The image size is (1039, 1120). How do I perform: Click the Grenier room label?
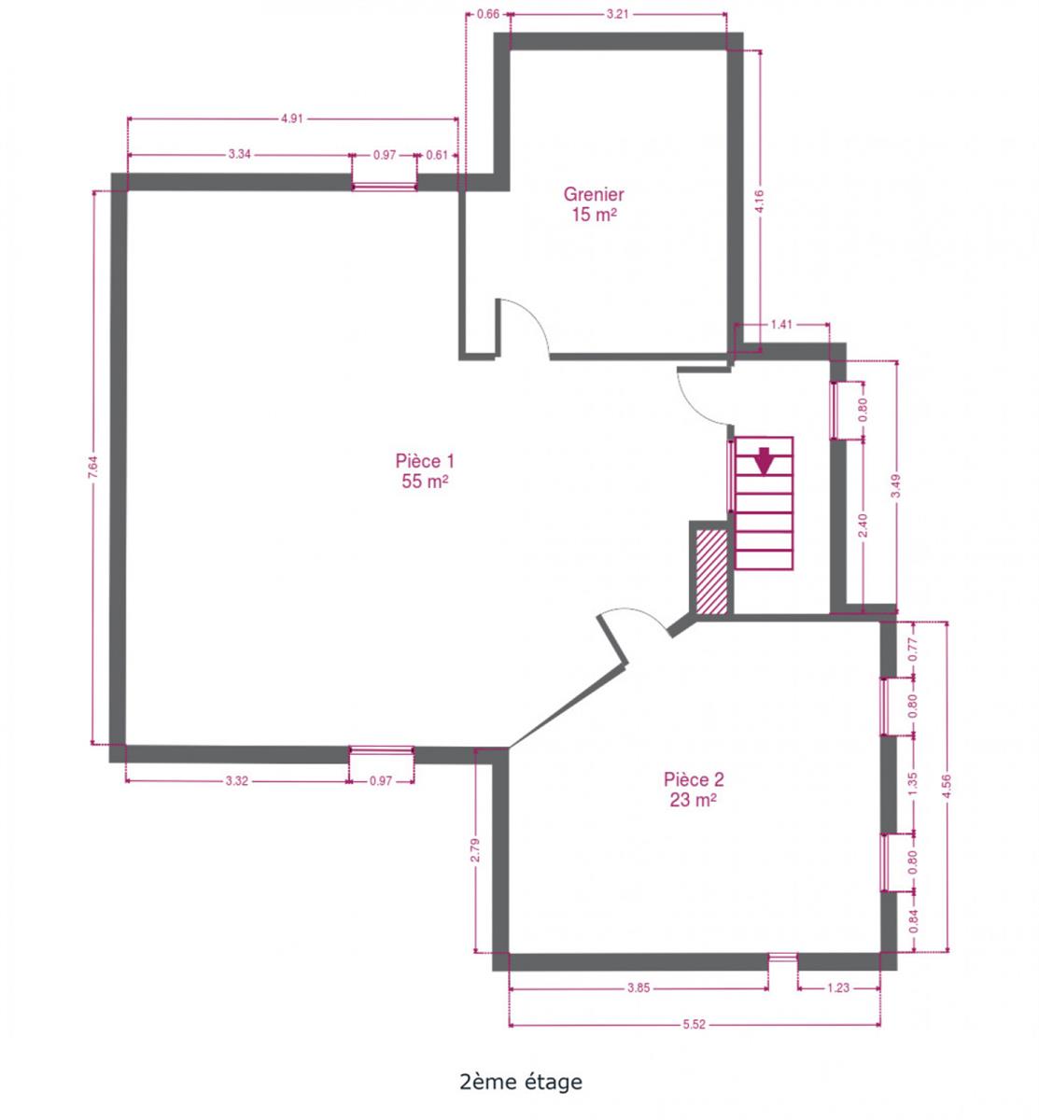click(x=593, y=203)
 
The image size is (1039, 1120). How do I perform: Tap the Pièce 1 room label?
click(x=424, y=470)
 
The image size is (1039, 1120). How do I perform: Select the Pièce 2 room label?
click(x=694, y=789)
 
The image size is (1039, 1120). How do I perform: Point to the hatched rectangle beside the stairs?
click(x=711, y=570)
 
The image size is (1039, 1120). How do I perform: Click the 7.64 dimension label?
click(x=93, y=467)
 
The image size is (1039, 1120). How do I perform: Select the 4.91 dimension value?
click(x=291, y=119)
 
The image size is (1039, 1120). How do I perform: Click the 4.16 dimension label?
click(x=759, y=202)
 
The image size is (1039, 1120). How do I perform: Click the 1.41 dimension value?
click(x=780, y=324)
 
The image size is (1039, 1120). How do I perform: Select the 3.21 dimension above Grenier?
click(x=617, y=14)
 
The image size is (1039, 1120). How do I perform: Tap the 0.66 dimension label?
click(x=488, y=14)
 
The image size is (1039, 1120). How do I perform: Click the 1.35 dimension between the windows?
click(x=913, y=783)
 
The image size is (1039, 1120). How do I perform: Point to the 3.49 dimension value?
click(x=895, y=486)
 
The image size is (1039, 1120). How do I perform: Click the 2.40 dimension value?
click(x=862, y=525)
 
